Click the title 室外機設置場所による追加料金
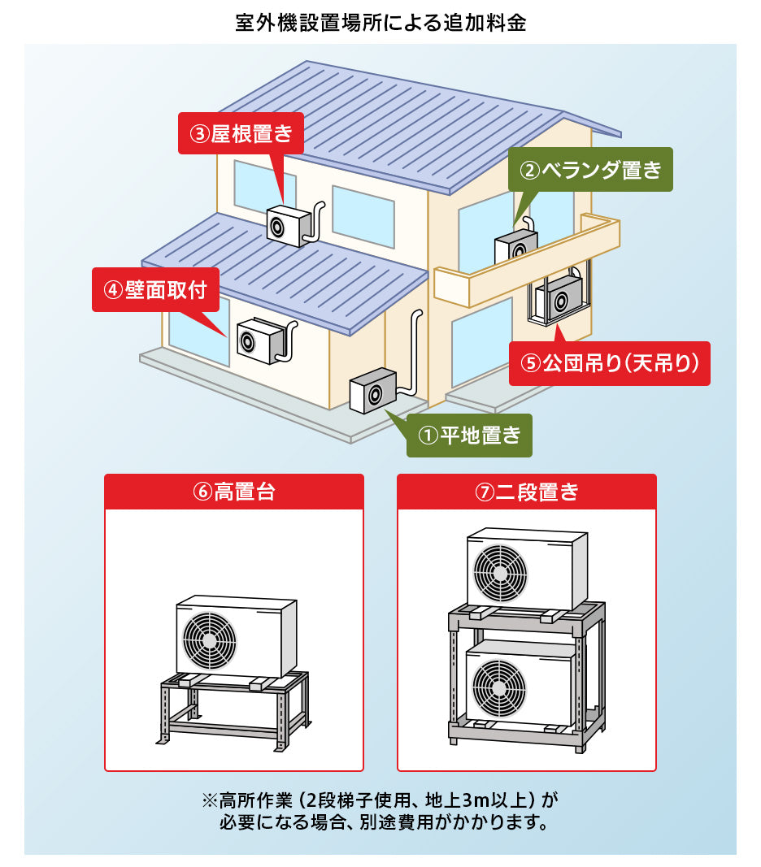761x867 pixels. [x=380, y=22]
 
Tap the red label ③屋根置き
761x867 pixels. [x=241, y=133]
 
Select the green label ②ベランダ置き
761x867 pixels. [x=591, y=169]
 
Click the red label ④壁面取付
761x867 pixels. [x=155, y=289]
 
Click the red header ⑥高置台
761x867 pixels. [x=234, y=492]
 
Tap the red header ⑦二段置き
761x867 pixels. [x=527, y=492]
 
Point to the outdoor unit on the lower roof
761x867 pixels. [x=288, y=225]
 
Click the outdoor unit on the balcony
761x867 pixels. [x=516, y=245]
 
